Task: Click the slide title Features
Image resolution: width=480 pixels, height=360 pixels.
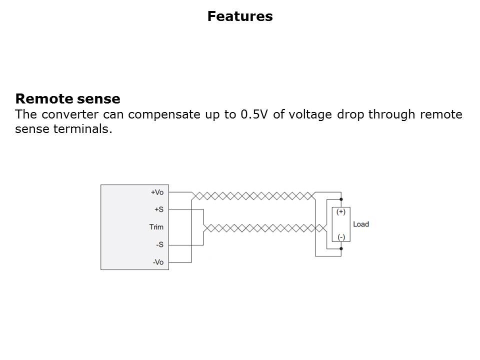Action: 240,16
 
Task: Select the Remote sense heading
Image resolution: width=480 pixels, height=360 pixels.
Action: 67,98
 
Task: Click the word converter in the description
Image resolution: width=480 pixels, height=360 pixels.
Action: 70,114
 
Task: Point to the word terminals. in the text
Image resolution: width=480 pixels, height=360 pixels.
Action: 82,128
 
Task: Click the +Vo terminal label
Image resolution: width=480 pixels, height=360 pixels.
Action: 157,192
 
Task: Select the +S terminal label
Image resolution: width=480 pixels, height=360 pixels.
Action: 159,209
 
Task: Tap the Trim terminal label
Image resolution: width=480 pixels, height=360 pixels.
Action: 156,227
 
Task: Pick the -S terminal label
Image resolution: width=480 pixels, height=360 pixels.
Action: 160,244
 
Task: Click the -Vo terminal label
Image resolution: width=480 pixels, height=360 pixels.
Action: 158,262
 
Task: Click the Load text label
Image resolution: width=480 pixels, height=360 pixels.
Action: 361,224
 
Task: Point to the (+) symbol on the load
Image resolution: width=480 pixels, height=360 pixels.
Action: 340,211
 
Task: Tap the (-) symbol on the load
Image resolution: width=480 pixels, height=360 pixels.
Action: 341,237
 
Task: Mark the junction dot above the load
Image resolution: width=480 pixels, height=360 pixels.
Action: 341,199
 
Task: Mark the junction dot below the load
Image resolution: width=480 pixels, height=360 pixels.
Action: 341,248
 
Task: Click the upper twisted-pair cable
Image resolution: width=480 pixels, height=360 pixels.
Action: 253,196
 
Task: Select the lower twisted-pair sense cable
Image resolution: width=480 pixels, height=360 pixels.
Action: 265,228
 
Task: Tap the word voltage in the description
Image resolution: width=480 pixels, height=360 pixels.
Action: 310,115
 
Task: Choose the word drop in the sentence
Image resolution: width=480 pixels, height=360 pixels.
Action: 350,115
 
